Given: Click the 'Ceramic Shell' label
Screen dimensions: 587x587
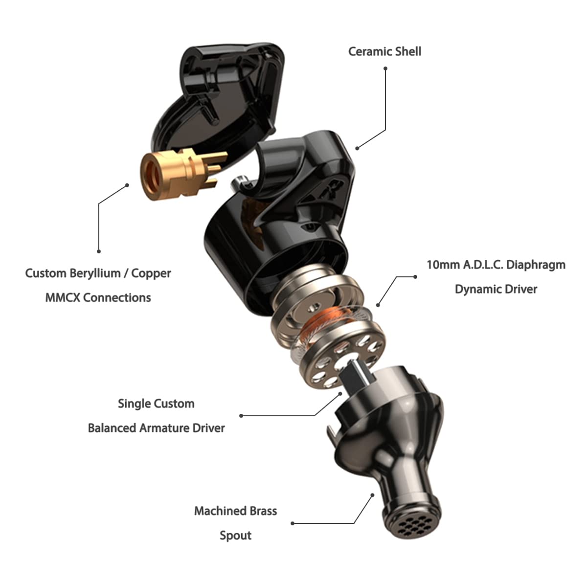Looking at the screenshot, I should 384,51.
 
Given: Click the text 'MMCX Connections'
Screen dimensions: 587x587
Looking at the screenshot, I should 98,297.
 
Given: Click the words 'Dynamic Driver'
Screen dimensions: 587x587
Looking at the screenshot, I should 496,289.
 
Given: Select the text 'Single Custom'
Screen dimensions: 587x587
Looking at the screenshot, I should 156,404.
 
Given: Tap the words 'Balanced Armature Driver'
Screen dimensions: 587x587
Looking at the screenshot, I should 156,428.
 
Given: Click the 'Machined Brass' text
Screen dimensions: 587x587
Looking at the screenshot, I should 235,511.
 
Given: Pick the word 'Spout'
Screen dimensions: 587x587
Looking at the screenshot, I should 235,535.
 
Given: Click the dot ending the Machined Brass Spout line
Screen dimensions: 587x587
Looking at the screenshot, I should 293,523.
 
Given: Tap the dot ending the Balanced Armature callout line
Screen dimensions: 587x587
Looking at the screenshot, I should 241,416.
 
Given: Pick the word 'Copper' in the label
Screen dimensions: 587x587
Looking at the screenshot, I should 151,273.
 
